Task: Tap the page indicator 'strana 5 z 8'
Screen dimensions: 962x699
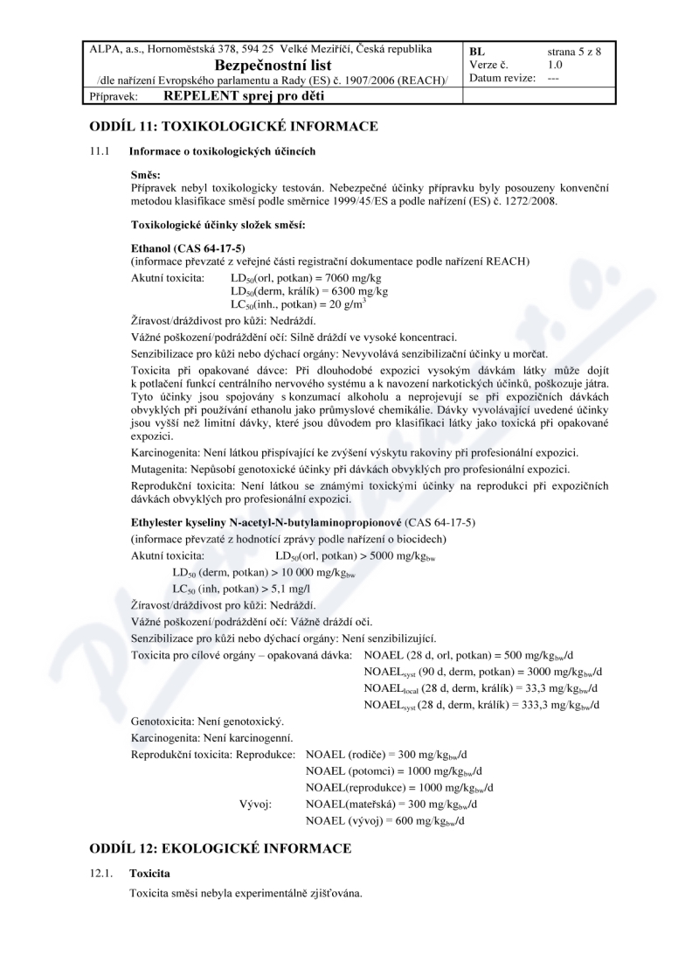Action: click(574, 51)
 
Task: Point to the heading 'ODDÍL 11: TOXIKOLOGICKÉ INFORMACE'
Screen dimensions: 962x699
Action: click(233, 126)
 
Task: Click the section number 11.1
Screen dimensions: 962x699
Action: click(99, 153)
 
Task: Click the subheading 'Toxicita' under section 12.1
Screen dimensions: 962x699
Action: click(149, 874)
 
